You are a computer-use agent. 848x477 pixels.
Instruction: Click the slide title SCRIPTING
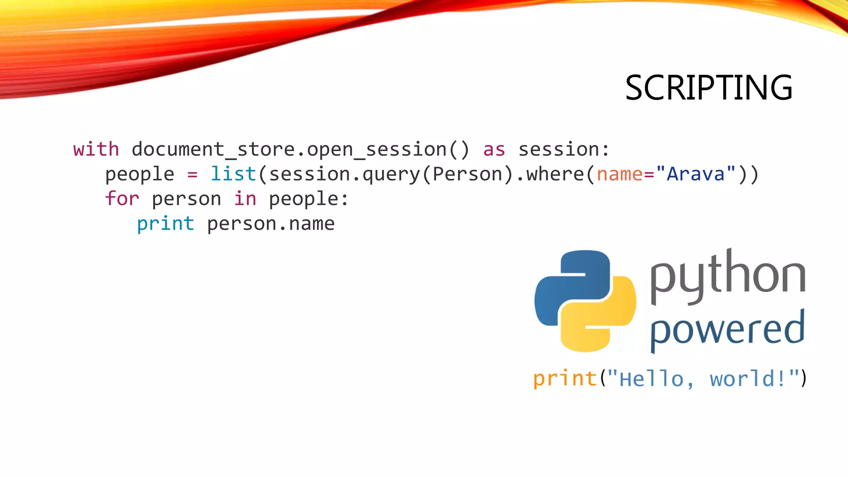pos(708,88)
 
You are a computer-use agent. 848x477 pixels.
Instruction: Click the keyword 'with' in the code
pos(96,149)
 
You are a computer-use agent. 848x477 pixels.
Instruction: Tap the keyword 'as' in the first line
pos(494,149)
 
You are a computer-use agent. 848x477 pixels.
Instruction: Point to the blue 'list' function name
pos(234,174)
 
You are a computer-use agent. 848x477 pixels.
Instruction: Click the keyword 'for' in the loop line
pos(122,199)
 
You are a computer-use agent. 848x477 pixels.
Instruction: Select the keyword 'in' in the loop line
pos(245,199)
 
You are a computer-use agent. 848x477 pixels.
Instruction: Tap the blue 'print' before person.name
pos(166,224)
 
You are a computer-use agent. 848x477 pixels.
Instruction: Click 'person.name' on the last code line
pos(271,224)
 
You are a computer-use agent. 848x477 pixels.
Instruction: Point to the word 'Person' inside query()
pos(467,174)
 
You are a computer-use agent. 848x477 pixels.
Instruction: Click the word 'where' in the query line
pos(555,174)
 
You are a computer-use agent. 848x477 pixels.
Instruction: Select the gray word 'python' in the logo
pos(728,275)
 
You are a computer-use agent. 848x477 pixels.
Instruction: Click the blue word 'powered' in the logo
pos(727,329)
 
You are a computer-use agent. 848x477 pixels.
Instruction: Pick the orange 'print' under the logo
pos(565,378)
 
